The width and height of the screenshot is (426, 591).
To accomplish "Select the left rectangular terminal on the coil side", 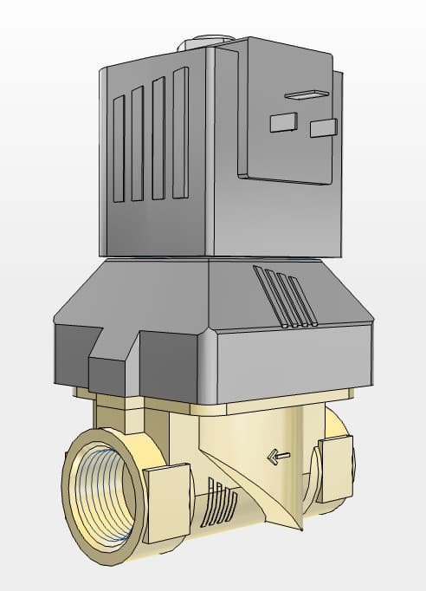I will pos(283,123).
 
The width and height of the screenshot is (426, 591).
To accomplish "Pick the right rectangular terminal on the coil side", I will pos(323,128).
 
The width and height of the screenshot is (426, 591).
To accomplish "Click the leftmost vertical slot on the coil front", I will pos(119,148).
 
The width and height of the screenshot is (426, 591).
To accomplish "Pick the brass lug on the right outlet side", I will pos(336,469).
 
